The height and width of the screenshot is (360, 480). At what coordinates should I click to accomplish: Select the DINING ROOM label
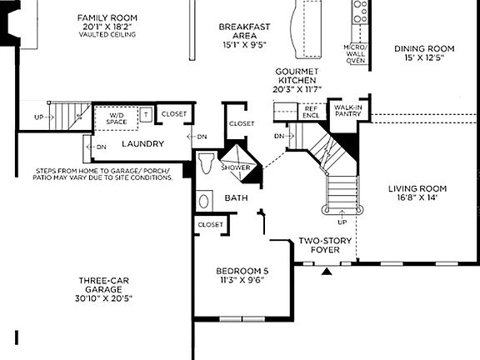tap(424, 48)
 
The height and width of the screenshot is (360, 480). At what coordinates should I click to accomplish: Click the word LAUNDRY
tap(142, 144)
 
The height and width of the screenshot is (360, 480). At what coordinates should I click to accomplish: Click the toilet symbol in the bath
tap(208, 163)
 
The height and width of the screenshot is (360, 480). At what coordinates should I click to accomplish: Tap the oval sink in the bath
tap(204, 201)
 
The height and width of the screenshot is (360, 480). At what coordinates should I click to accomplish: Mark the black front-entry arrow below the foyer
tap(327, 270)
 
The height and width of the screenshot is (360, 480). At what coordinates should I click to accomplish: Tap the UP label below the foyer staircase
tap(342, 222)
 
